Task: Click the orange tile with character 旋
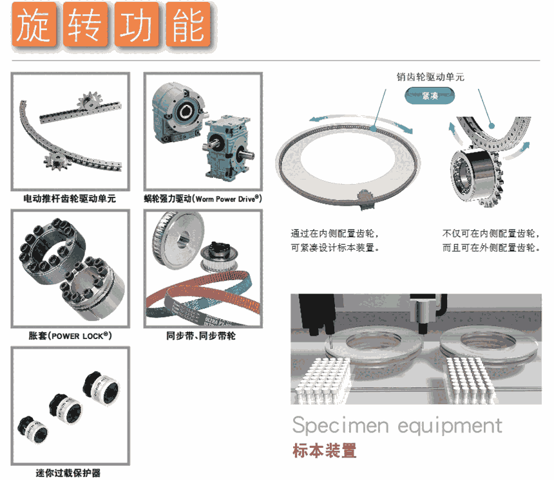[x=34, y=24]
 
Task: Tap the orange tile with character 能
[x=188, y=24]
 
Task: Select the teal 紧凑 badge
[x=430, y=96]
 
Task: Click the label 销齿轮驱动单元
[x=430, y=77]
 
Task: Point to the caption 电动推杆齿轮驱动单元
[x=70, y=199]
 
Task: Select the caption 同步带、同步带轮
[x=201, y=336]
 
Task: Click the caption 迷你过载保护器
[x=68, y=473]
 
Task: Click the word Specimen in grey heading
[x=340, y=426]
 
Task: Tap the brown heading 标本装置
[x=324, y=450]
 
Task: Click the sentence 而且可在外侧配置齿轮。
[x=491, y=248]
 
